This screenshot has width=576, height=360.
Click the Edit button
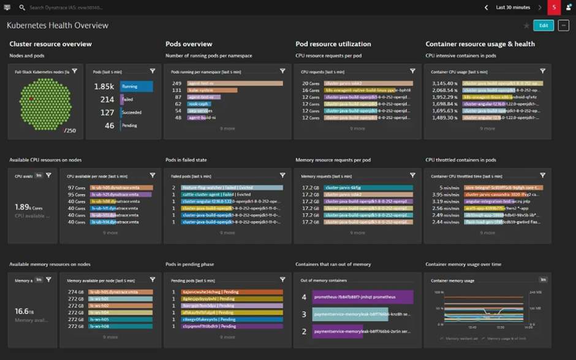click(x=543, y=25)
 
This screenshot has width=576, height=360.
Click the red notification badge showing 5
click(x=554, y=7)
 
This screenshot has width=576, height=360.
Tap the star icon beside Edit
click(x=526, y=26)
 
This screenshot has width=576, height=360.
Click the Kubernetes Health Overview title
click(x=58, y=26)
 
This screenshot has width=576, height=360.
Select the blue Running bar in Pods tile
click(x=137, y=86)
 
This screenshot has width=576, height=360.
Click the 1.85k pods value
click(x=104, y=86)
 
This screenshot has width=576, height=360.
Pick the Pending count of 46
click(x=109, y=126)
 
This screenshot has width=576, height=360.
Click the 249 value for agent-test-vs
click(x=176, y=83)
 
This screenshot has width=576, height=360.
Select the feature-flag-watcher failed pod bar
click(x=232, y=188)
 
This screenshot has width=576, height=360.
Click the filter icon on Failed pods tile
click(x=282, y=175)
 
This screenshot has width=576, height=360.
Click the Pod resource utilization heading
click(x=333, y=44)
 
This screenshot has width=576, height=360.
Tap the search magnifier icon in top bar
click(x=22, y=7)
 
